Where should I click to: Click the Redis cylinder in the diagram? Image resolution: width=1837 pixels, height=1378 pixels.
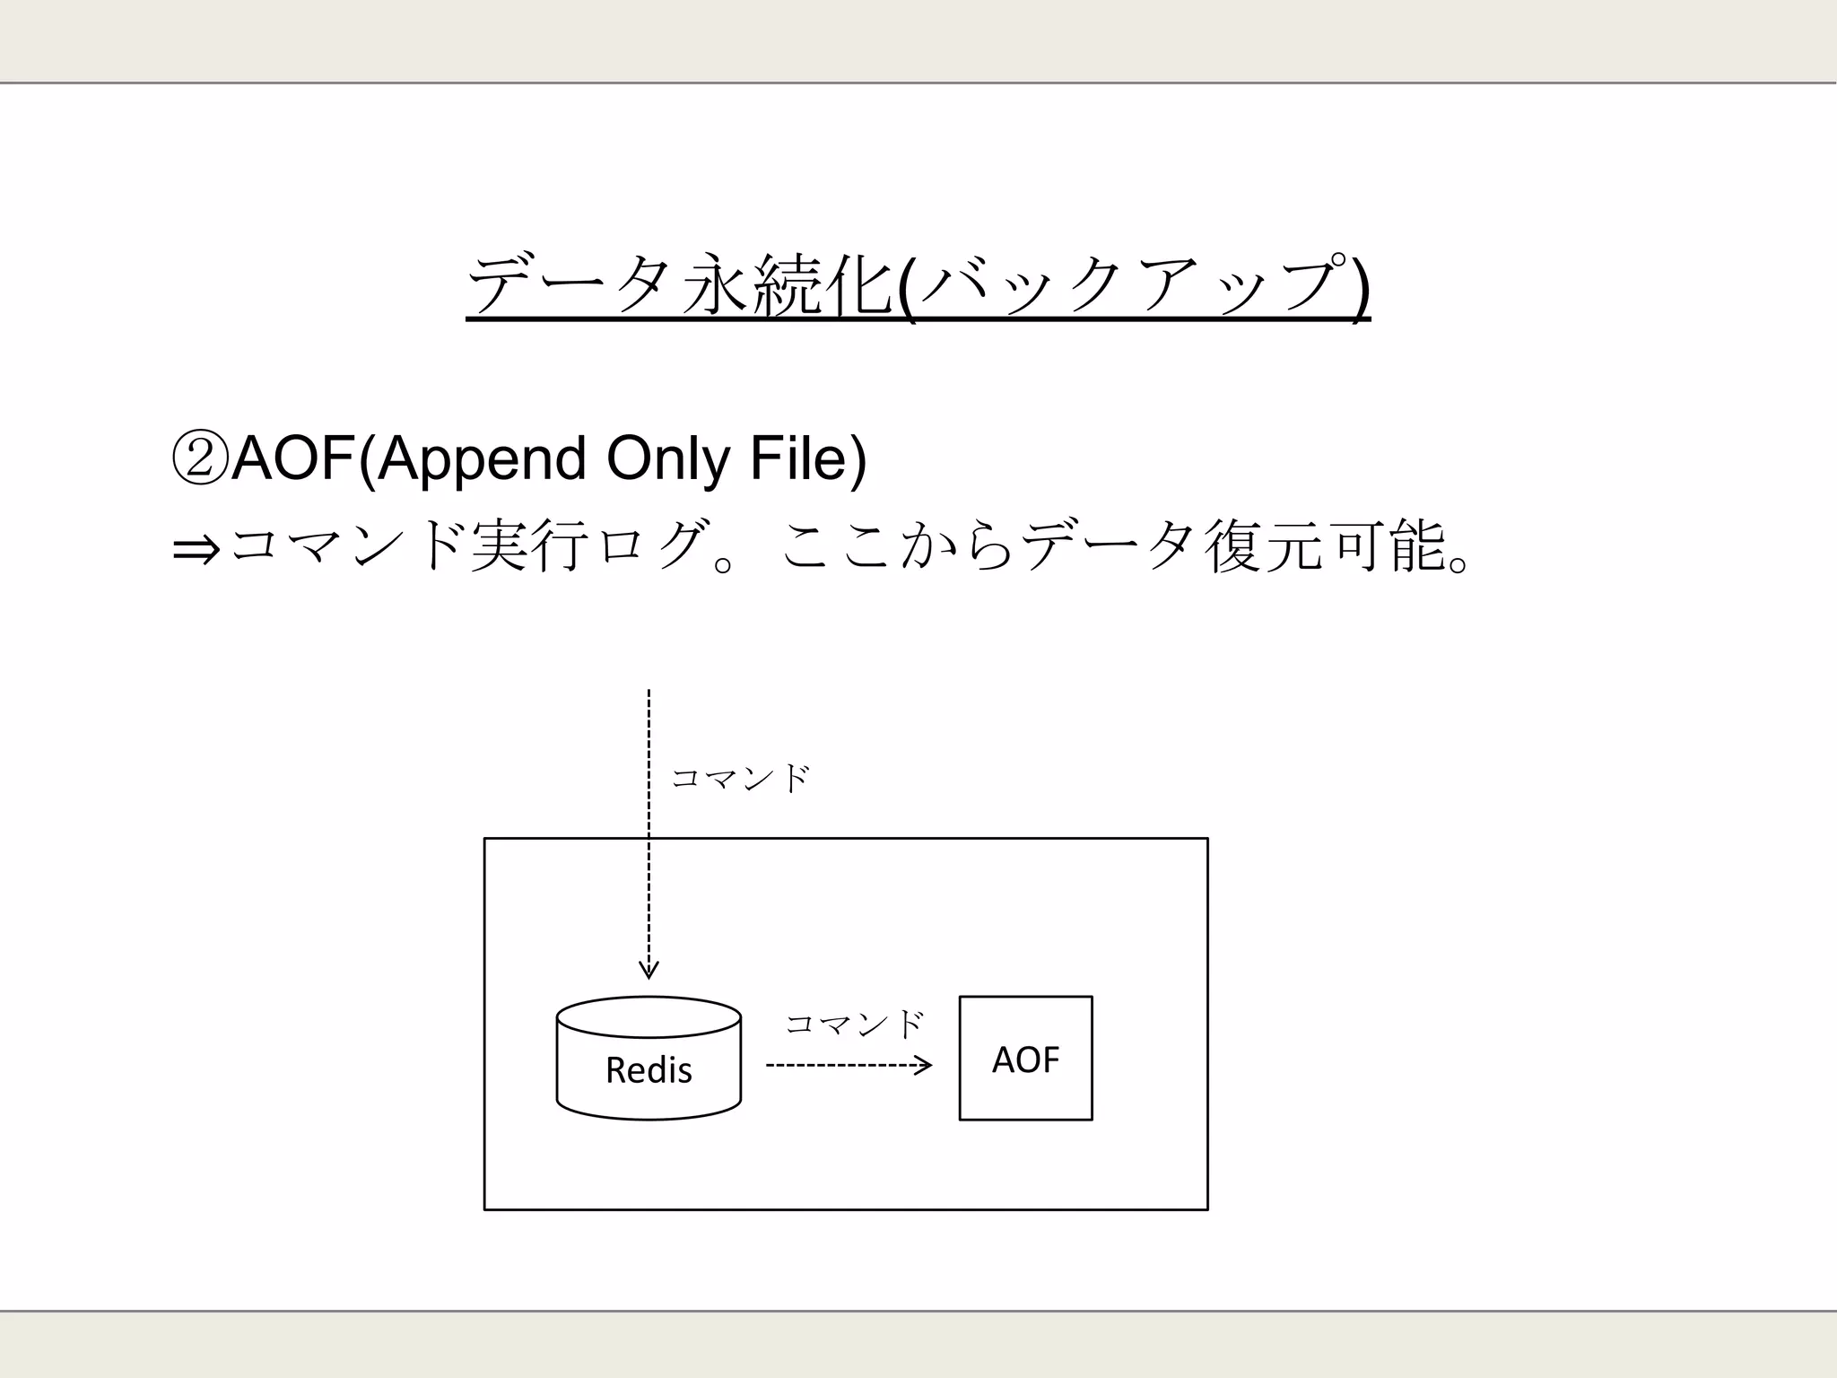tap(649, 1058)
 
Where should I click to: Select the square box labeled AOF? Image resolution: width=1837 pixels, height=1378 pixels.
tap(1025, 1058)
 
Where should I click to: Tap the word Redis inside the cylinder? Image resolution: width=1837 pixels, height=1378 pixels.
tap(649, 1070)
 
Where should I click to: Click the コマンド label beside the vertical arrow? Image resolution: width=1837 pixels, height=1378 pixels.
tap(740, 778)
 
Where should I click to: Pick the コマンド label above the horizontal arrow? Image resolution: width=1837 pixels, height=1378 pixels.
tap(854, 1024)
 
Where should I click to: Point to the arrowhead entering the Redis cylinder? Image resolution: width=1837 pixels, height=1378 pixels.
tap(649, 971)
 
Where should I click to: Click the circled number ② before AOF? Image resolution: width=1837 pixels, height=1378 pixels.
tap(199, 458)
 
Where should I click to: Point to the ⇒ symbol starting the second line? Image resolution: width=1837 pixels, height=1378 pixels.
tap(196, 549)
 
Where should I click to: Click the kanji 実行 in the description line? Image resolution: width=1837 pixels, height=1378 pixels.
tap(528, 545)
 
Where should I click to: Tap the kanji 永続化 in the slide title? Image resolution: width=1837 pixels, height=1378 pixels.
tap(788, 284)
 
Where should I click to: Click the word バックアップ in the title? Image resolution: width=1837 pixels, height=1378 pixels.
tap(1135, 284)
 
